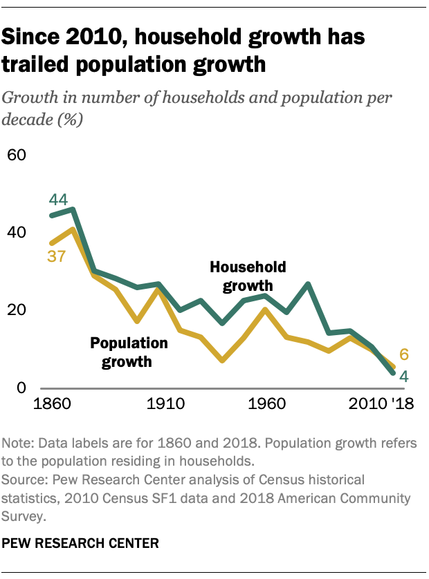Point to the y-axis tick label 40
[x=17, y=232]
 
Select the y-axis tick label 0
[x=21, y=388]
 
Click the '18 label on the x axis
[x=401, y=405]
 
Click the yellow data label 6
[x=403, y=355]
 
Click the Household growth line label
[x=248, y=276]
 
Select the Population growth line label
[x=130, y=352]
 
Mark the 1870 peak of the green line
[x=73, y=209]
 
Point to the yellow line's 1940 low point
[x=222, y=361]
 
